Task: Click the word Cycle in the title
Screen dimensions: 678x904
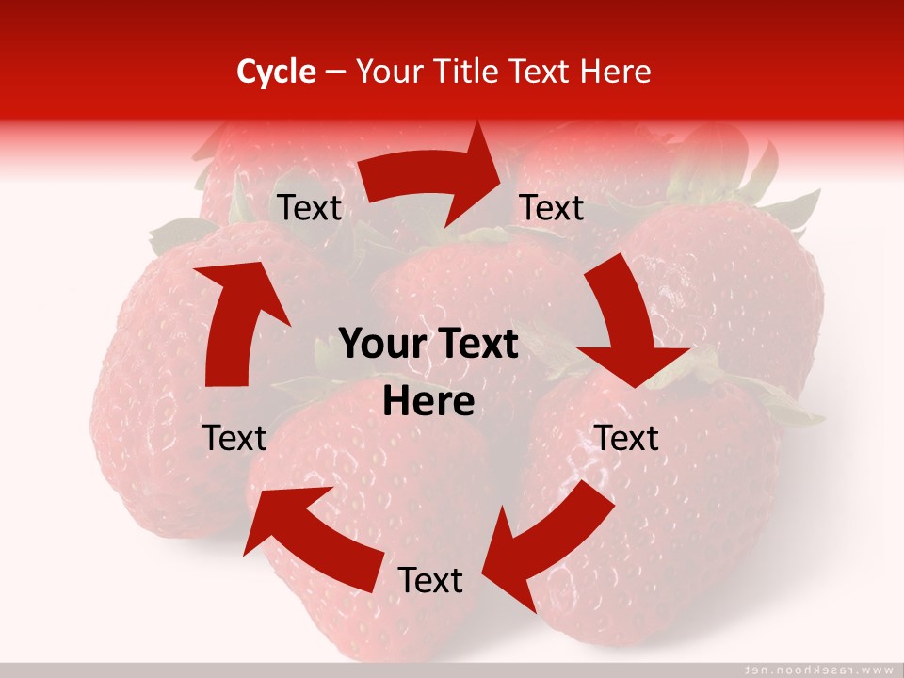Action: [x=276, y=72]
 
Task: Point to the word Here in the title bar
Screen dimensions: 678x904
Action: [x=615, y=72]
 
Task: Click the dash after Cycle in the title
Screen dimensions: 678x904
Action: [x=335, y=73]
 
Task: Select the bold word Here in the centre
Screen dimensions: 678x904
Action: [x=428, y=402]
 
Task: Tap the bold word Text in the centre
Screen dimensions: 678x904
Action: [x=476, y=345]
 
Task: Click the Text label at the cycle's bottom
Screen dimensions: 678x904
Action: [x=430, y=581]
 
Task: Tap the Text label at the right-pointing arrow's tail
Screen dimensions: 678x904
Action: [x=309, y=208]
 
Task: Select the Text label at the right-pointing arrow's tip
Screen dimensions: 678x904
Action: [x=552, y=208]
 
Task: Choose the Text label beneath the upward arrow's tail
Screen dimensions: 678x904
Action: [x=235, y=438]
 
